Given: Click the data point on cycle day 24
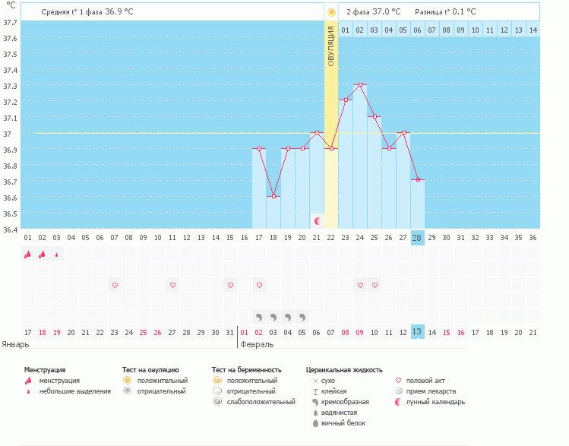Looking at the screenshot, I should [360, 85].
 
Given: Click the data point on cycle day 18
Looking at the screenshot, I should [273, 197].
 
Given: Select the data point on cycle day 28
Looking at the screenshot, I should [417, 180].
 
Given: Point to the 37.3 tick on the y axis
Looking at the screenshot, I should [10, 86].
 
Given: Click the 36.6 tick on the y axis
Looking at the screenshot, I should [10, 198].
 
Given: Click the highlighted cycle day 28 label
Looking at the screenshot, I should [417, 237].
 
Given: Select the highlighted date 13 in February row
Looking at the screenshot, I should [417, 332].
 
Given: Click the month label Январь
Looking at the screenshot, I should [16, 343].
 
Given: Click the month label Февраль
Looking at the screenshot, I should [256, 343].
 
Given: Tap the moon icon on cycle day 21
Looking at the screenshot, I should [318, 220].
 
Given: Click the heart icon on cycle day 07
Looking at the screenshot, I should [115, 285].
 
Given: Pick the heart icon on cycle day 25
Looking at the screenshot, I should [375, 285].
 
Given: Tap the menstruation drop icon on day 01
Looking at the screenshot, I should [27, 255].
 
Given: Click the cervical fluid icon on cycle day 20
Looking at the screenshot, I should [302, 316].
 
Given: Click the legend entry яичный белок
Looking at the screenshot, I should [344, 422].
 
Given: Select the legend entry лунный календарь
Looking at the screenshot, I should [435, 401].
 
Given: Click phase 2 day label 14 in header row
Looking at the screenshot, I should [533, 30].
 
